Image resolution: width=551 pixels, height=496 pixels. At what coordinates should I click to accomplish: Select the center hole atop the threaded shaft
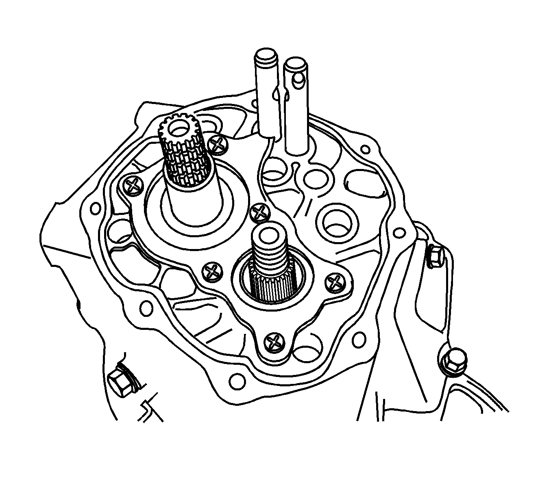pos(270,233)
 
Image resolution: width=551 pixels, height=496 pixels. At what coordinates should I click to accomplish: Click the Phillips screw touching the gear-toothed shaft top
pos(216,144)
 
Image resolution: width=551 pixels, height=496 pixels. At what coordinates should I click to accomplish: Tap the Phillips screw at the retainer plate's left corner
pos(133,186)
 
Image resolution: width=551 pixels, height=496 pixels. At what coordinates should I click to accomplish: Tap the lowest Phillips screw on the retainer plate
pos(275,342)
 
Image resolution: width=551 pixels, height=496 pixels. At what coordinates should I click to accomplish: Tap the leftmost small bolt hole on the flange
pos(96,208)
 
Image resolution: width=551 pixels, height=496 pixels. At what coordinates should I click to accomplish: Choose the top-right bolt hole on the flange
pos(366,149)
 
